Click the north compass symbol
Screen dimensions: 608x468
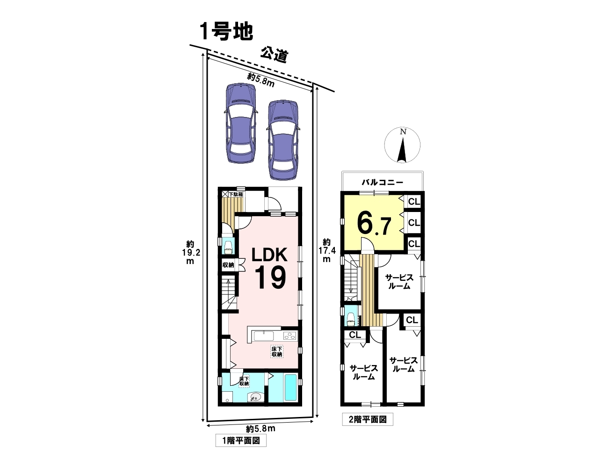pyautogui.click(x=402, y=146)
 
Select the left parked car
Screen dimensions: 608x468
pyautogui.click(x=241, y=123)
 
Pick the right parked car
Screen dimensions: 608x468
pyautogui.click(x=282, y=139)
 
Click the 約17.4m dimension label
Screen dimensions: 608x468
pyautogui.click(x=327, y=250)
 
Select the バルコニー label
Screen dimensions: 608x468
pyautogui.click(x=382, y=183)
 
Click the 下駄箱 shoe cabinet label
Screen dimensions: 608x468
pyautogui.click(x=236, y=194)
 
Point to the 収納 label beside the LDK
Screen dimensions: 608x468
pyautogui.click(x=228, y=264)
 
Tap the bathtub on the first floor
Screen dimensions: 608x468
pyautogui.click(x=290, y=388)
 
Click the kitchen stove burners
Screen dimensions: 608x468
pyautogui.click(x=290, y=335)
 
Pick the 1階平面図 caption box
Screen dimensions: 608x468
pyautogui.click(x=240, y=440)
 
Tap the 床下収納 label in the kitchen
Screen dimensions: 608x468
pyautogui.click(x=277, y=351)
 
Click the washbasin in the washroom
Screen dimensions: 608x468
pyautogui.click(x=255, y=397)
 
